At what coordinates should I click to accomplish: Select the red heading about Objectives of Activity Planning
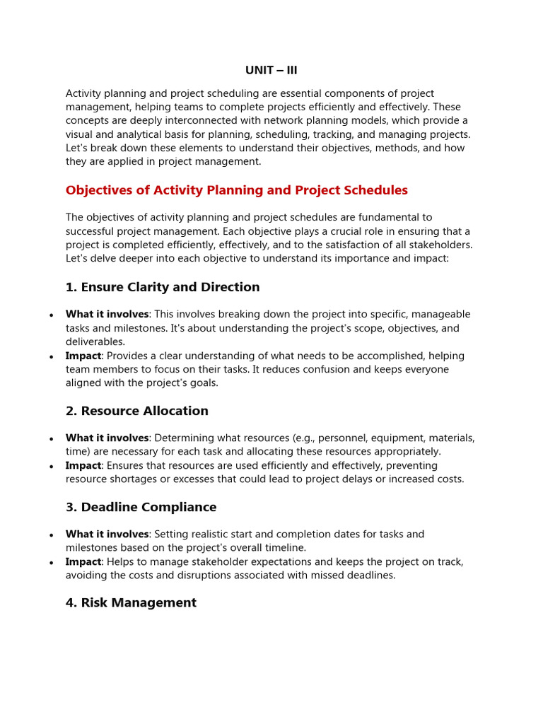(236, 190)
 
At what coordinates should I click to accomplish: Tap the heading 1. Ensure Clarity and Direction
(163, 287)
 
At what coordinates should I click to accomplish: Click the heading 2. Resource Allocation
(136, 411)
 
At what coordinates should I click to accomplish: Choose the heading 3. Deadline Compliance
(141, 507)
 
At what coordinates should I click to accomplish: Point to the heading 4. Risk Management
(131, 602)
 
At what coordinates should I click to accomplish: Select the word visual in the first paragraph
(81, 134)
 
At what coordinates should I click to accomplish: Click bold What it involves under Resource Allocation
(107, 438)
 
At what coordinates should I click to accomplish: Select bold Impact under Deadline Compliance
(83, 561)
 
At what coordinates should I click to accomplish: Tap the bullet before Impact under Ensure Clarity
(51, 357)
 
